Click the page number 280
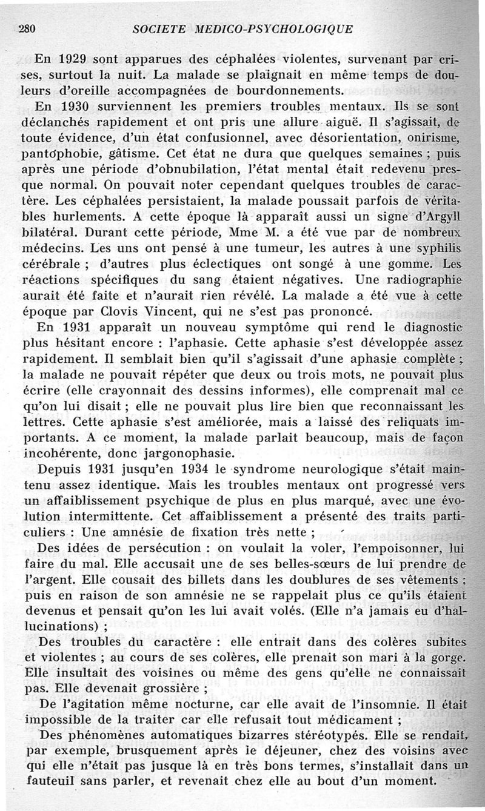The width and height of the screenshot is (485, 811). click(x=28, y=28)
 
